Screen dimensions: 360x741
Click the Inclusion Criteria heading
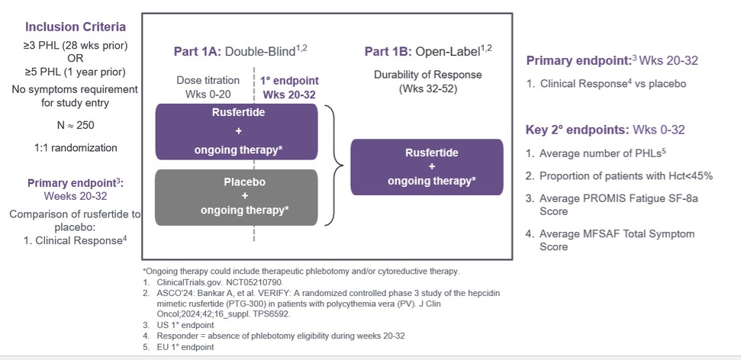tap(74, 27)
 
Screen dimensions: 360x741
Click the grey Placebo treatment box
tap(237, 198)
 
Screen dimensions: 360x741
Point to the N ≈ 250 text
tap(74, 124)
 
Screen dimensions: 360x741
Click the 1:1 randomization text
tap(74, 148)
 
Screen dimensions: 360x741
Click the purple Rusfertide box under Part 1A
tap(237, 131)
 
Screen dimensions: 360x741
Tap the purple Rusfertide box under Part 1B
tap(427, 166)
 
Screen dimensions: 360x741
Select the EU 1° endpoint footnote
tap(180, 346)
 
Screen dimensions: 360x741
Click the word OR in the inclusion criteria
tap(74, 59)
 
